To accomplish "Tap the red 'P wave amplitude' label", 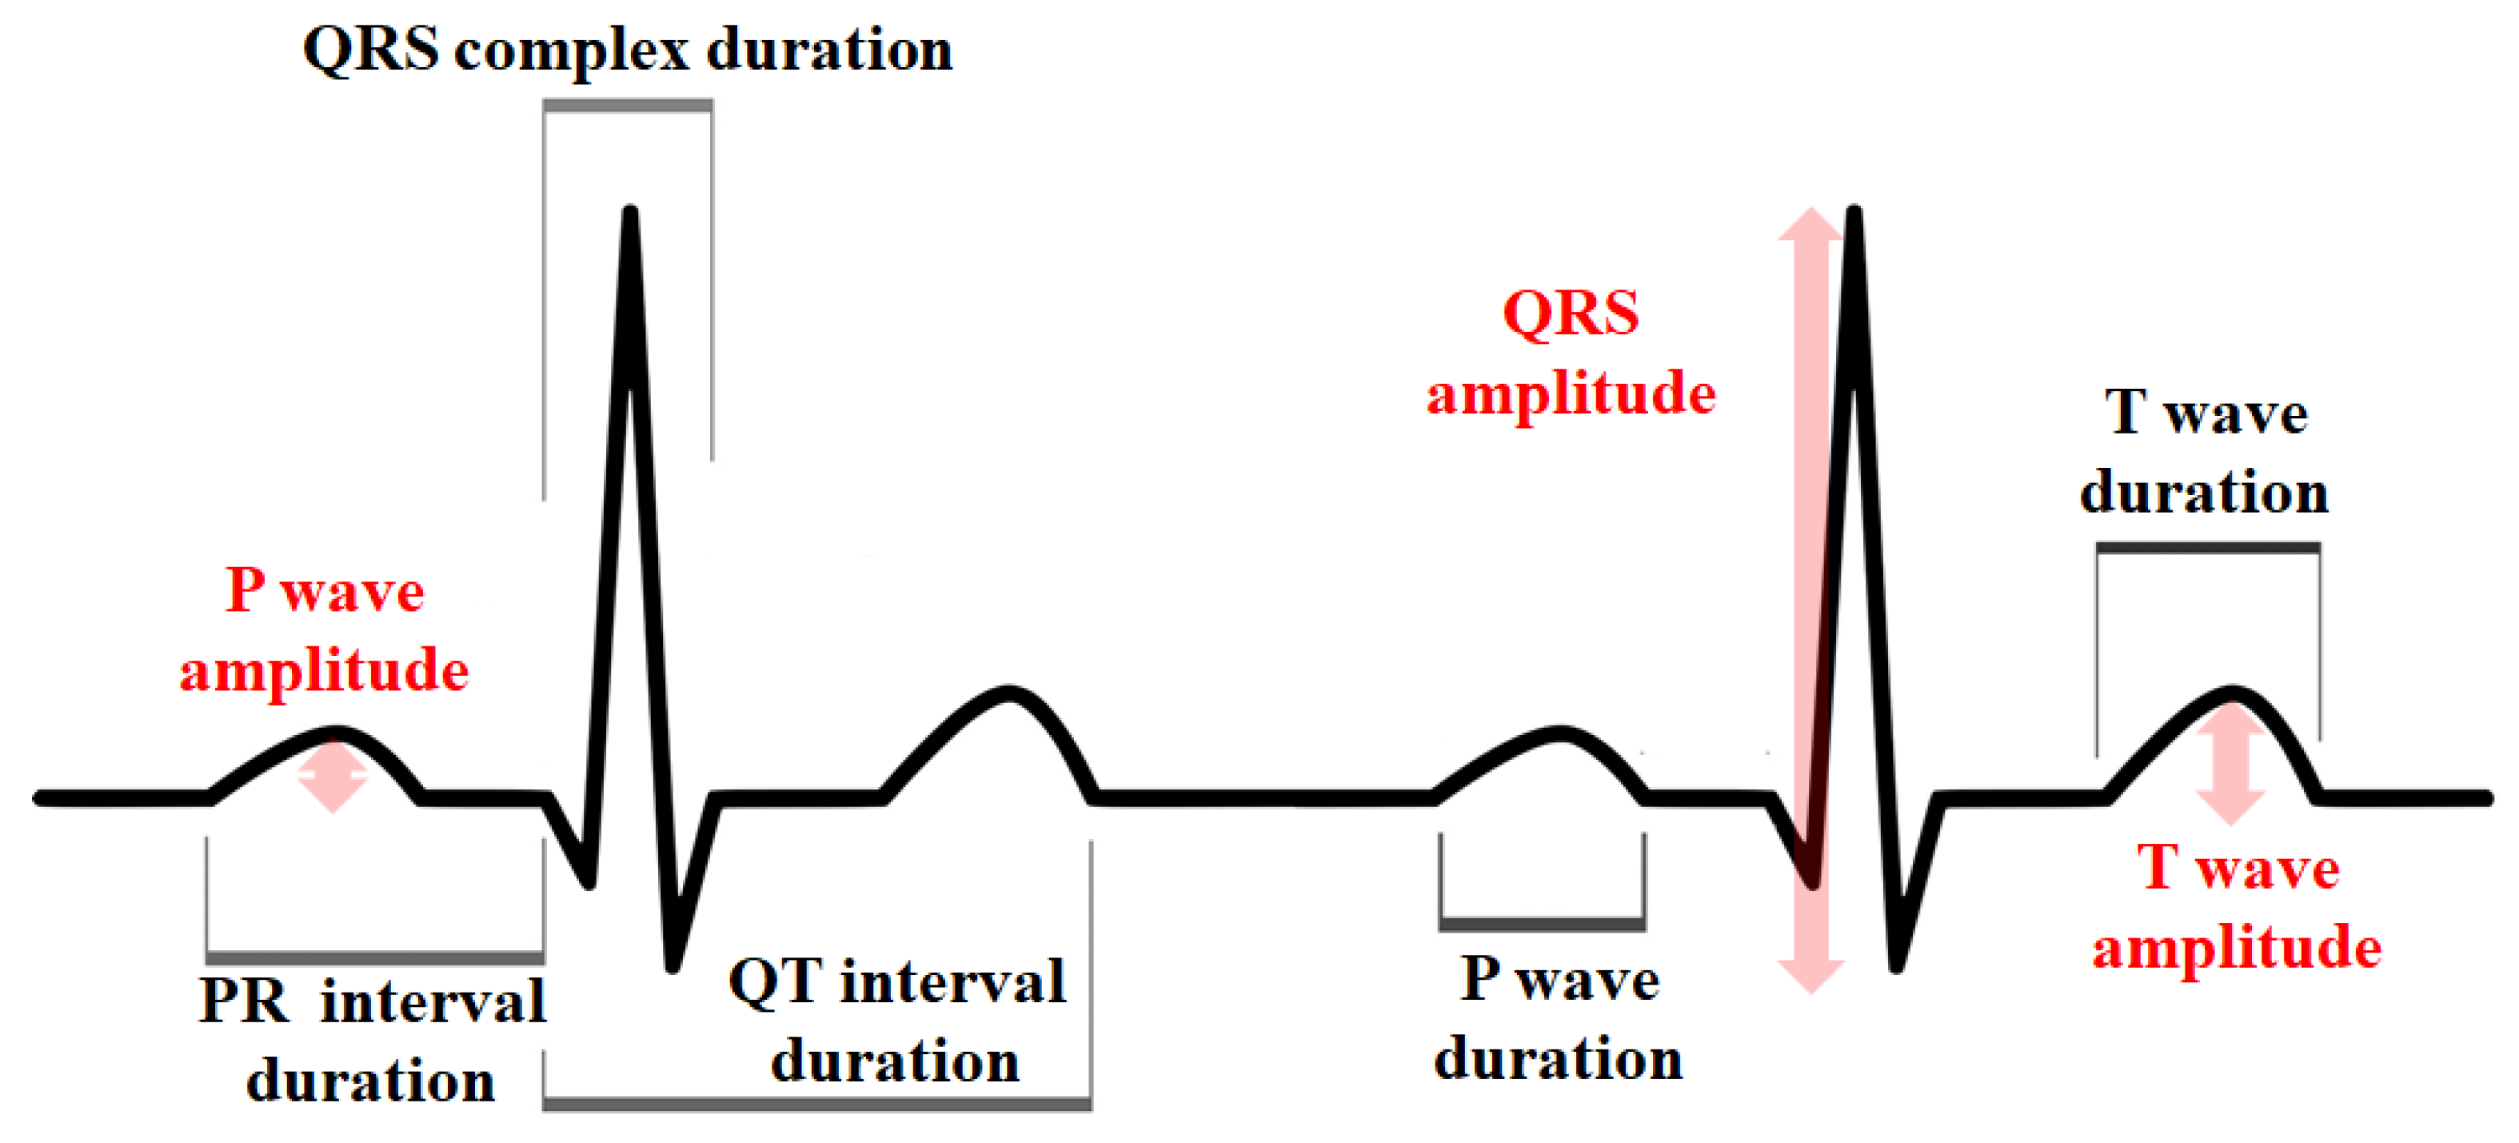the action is point(325,630).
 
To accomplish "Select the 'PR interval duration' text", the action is point(373,1041).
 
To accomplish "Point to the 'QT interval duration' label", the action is point(896,1021).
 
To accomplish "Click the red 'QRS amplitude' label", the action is point(1571,354).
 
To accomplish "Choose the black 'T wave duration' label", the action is point(2205,452).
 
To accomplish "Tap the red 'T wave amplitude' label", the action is point(2238,907).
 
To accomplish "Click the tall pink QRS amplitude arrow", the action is point(1811,601).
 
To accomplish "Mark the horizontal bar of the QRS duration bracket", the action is point(628,106).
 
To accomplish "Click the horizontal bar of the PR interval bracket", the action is point(374,958).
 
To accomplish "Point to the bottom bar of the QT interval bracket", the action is point(817,1105).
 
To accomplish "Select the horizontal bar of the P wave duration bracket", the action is point(1542,924).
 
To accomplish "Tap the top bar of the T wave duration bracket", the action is point(2208,549).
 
